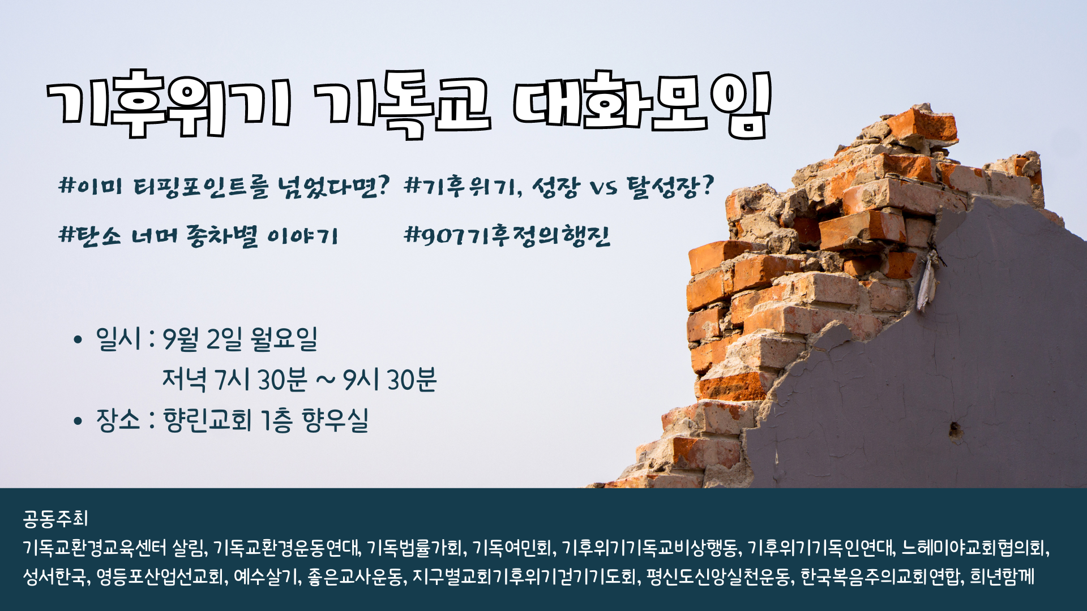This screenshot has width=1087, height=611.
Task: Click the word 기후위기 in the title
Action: tap(169, 104)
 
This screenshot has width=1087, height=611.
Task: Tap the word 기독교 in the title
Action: tap(403, 104)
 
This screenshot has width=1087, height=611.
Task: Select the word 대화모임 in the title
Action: tap(642, 104)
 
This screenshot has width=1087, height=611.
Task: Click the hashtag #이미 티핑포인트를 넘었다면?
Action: tap(225, 187)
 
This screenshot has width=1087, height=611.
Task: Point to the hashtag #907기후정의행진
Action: tap(507, 235)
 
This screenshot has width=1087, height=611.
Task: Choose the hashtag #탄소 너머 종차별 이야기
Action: tap(198, 235)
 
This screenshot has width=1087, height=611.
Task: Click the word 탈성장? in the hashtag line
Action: tap(670, 187)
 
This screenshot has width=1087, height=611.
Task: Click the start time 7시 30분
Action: tap(261, 379)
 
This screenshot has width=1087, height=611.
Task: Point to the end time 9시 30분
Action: tap(391, 379)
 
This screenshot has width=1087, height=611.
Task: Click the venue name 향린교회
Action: tap(207, 420)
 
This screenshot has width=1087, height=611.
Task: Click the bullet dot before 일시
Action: tap(78, 341)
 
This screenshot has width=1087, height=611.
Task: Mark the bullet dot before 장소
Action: tap(78, 421)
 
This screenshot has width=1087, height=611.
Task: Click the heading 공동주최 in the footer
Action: tap(55, 518)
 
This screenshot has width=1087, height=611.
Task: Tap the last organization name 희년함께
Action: tap(1002, 576)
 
